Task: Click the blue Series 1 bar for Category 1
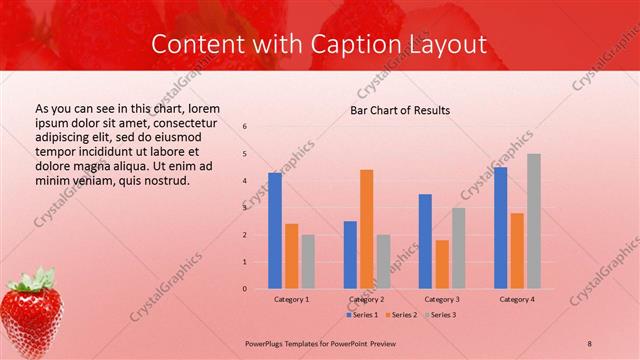coord(275,230)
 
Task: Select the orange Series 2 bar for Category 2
coord(367,228)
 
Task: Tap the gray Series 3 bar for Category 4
coord(534,221)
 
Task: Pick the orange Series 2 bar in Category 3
coord(442,264)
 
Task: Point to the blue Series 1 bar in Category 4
coord(500,227)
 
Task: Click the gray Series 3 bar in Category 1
coord(308,261)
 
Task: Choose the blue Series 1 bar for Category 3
coord(425,241)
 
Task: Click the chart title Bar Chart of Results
coord(399,110)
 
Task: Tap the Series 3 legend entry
coord(441,314)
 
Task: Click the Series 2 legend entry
coord(403,314)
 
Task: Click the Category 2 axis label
coord(366,299)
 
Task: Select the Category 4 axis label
coord(516,299)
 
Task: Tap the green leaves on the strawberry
coord(34,277)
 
